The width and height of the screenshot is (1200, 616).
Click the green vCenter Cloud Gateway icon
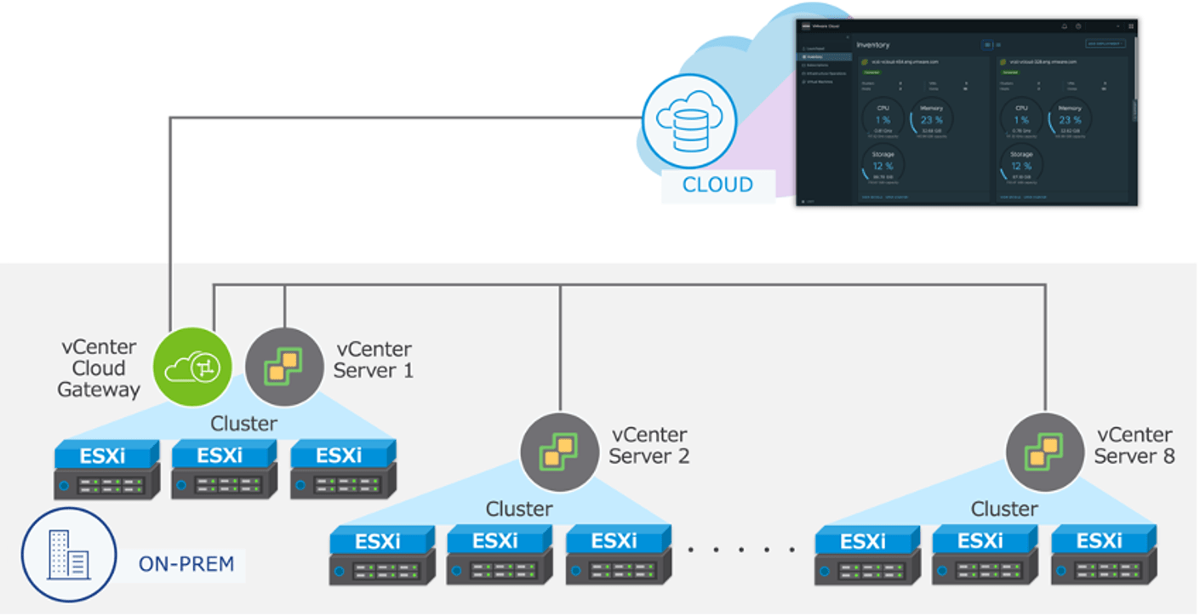tap(192, 367)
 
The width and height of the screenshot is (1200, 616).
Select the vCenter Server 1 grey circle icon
tap(284, 367)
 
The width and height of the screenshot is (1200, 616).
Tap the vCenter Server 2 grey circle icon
tap(560, 452)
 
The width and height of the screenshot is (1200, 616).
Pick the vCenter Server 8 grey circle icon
tap(1045, 452)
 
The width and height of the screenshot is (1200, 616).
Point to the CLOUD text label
tap(717, 185)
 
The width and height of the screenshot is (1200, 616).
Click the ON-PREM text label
tap(186, 563)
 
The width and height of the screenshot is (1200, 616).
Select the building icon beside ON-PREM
tap(67, 555)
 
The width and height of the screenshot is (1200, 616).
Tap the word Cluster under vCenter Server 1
tap(243, 423)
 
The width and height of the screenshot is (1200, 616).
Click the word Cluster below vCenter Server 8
tap(1004, 509)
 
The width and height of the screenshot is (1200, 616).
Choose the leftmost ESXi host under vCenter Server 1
tap(106, 470)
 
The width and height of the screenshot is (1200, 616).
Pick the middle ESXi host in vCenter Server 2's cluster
tap(500, 555)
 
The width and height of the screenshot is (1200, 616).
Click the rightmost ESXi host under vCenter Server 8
tap(1104, 555)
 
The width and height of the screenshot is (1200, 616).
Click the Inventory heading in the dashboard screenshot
tap(873, 44)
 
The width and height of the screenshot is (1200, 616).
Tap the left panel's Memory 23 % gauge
tap(931, 119)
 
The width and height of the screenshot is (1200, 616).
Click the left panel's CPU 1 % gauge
tap(883, 119)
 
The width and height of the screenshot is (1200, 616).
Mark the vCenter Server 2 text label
tap(649, 446)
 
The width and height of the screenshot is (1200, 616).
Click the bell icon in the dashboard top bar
tap(1064, 26)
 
